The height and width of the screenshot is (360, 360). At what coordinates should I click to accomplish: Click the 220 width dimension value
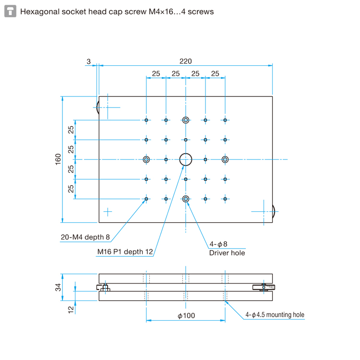(185, 61)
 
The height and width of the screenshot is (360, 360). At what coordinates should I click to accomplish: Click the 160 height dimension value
(58, 159)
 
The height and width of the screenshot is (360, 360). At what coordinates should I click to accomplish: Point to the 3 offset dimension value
(88, 61)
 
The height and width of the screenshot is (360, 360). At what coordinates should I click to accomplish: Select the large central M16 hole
(185, 159)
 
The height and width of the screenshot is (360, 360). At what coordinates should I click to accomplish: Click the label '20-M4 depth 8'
(85, 237)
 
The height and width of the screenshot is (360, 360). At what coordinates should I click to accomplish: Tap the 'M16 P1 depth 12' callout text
(125, 252)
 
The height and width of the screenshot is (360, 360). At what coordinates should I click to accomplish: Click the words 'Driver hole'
(227, 252)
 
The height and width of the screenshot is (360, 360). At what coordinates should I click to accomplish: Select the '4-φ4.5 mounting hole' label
(275, 315)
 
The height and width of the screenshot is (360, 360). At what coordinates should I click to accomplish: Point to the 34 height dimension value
(58, 287)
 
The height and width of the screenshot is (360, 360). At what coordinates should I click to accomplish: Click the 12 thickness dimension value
(71, 310)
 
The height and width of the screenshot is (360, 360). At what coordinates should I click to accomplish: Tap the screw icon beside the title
(10, 11)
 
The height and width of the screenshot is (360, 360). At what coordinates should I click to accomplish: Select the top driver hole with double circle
(185, 120)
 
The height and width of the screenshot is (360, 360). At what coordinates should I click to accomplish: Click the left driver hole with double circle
(146, 159)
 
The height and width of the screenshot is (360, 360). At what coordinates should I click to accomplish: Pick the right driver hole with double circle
(225, 159)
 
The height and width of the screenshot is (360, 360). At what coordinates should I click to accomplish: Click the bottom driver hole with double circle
(185, 199)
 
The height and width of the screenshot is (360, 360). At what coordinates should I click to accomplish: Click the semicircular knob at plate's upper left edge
(97, 106)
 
